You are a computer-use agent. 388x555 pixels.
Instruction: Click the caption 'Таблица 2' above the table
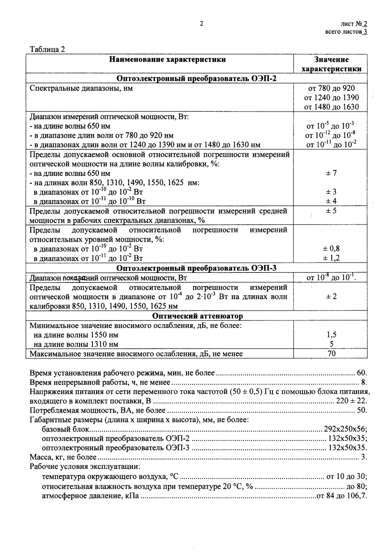point(47,49)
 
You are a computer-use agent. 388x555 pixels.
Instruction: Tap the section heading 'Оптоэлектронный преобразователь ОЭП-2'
point(196,79)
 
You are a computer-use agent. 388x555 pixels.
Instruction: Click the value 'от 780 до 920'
point(332,88)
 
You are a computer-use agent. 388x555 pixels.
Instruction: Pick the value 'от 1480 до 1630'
point(332,107)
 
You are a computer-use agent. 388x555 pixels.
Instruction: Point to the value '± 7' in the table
point(331,173)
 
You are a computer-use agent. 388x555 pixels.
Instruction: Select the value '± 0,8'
point(331,249)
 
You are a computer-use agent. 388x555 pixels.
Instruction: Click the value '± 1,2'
point(331,258)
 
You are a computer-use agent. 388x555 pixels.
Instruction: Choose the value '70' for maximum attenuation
point(331,354)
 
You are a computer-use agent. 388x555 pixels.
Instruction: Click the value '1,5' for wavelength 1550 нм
point(331,334)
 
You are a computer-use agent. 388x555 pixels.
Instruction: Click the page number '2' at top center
point(201,24)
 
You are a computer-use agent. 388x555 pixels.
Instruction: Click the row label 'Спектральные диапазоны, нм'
point(81,88)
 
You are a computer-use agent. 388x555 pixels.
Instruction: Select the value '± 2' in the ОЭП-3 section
point(331,296)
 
